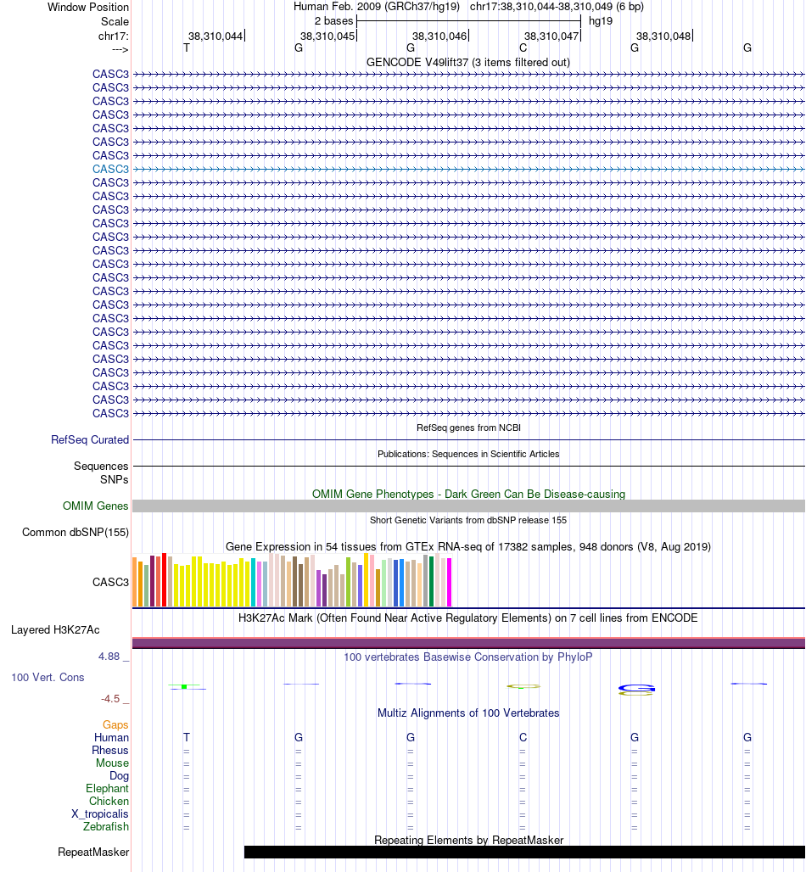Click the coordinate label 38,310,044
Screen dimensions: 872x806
point(215,36)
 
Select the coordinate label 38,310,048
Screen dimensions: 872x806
point(663,36)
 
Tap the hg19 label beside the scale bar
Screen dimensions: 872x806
point(601,20)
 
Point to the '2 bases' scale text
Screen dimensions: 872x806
point(333,20)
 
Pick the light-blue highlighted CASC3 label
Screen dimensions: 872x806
point(110,169)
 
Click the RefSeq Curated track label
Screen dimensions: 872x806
point(90,440)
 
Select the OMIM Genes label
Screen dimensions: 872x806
point(96,506)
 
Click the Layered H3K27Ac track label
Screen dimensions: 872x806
point(55,630)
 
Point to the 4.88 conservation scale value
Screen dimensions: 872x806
point(112,657)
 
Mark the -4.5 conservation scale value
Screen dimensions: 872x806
point(114,699)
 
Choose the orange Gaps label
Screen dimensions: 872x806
point(115,725)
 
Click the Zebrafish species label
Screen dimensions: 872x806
point(105,827)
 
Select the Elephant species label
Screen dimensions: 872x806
point(107,789)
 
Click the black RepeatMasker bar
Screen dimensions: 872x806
point(524,852)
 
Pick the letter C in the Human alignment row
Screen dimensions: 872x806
point(523,738)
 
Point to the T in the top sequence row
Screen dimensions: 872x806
point(187,48)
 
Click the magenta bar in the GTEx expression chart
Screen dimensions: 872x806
point(450,583)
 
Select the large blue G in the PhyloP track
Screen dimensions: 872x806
point(635,688)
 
